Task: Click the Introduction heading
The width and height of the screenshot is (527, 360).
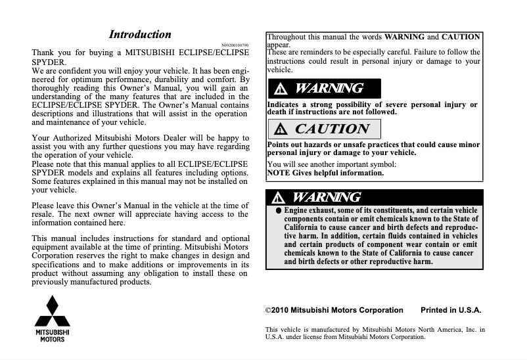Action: [x=140, y=35]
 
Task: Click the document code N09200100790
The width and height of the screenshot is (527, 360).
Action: [x=236, y=45]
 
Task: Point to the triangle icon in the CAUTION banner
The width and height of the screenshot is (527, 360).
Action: [x=282, y=129]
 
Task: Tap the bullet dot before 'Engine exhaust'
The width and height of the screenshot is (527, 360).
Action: [x=279, y=211]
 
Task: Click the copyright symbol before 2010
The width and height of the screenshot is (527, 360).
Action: [x=267, y=310]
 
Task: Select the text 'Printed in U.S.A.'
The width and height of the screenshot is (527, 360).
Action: [x=451, y=310]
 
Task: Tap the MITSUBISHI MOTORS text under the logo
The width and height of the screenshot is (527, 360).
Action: [x=53, y=336]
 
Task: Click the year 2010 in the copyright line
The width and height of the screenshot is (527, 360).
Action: [x=279, y=310]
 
